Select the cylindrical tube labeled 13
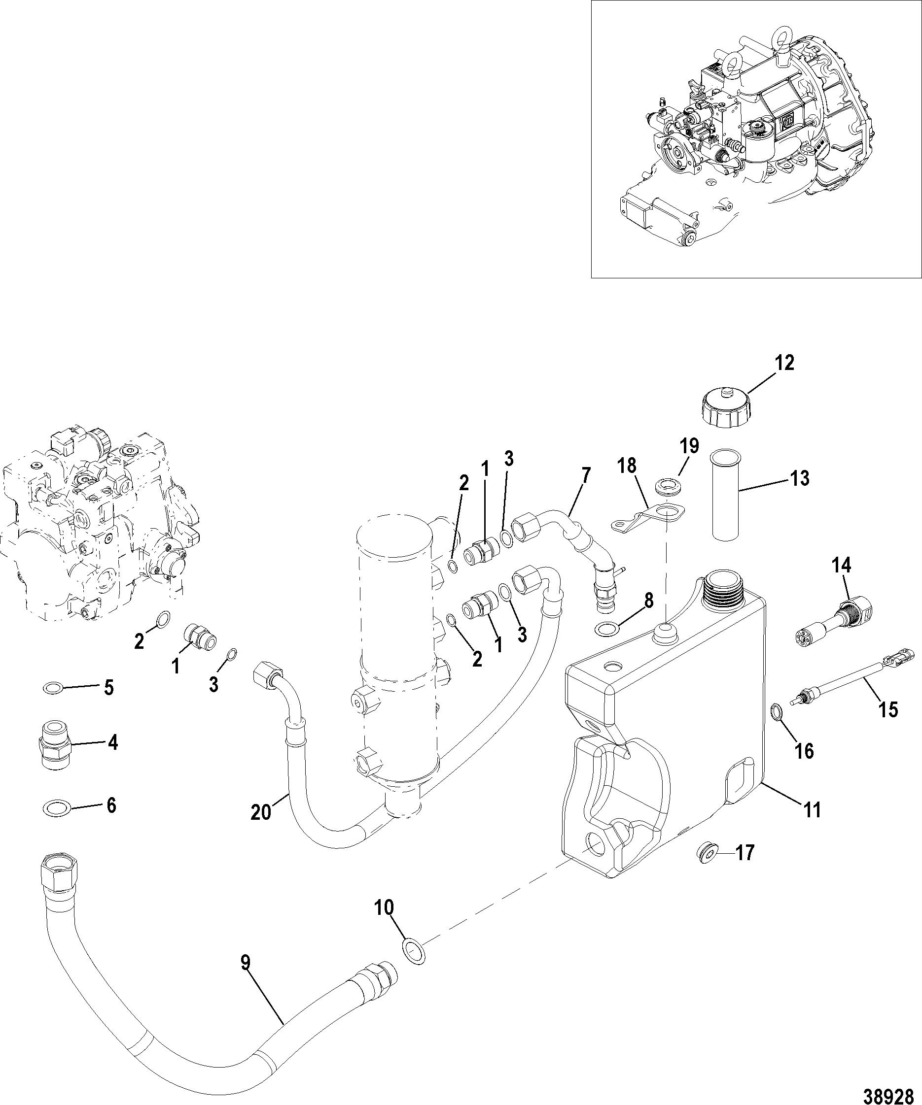(726, 494)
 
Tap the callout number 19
(689, 446)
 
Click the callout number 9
(246, 963)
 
